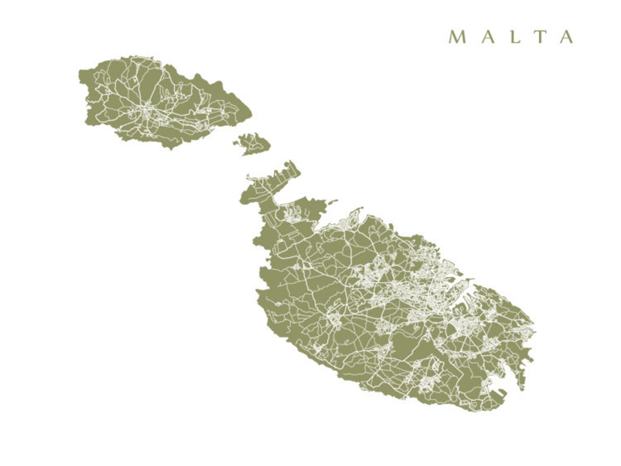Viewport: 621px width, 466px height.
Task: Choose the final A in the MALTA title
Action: [x=567, y=37]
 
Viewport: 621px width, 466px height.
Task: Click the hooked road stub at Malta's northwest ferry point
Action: [x=250, y=177]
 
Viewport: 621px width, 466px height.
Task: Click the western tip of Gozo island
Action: [x=80, y=73]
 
